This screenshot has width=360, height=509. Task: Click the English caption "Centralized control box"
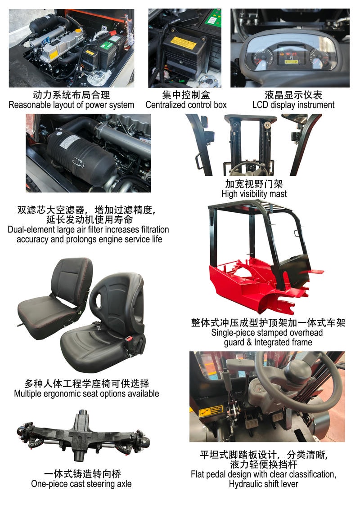click(x=186, y=105)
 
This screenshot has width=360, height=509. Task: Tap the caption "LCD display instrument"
click(x=293, y=105)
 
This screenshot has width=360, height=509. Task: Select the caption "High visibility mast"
click(x=254, y=194)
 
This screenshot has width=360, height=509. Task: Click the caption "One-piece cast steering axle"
click(x=81, y=484)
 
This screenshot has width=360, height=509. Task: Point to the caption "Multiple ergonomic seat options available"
click(x=86, y=393)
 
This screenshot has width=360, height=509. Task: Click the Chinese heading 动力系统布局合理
click(x=71, y=95)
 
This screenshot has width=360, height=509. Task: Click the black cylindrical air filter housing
click(x=80, y=151)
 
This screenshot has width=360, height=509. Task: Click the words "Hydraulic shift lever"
click(x=263, y=484)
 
